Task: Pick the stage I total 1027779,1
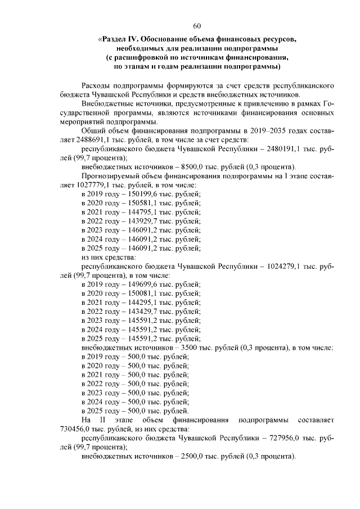click(91, 184)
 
